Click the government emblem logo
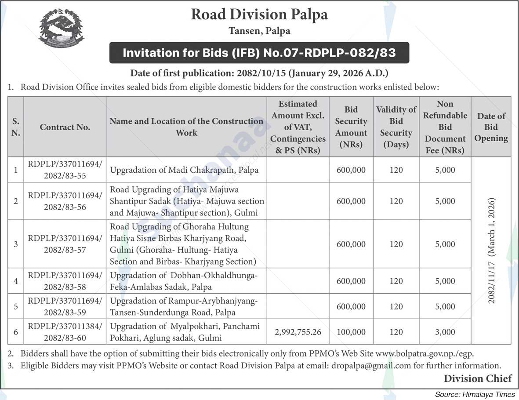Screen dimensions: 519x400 tap(61, 28)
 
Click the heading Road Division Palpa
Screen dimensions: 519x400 tap(259, 15)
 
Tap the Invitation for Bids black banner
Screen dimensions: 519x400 tap(259, 53)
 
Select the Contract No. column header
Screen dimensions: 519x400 tap(65, 127)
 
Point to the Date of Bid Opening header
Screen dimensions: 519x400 tap(491, 127)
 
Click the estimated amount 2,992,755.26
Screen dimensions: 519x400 tap(298, 332)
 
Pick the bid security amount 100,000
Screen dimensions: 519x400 tap(351, 332)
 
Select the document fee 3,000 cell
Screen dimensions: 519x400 tap(445, 332)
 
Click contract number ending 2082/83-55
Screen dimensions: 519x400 tap(65, 170)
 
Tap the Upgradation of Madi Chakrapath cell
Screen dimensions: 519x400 tap(184, 170)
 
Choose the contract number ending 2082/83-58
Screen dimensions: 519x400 tap(65, 281)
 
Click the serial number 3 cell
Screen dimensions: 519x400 tap(16, 244)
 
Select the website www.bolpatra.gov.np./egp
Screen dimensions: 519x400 tap(425, 353)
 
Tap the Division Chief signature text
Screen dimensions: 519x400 tap(478, 378)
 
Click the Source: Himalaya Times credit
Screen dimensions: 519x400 tap(475, 394)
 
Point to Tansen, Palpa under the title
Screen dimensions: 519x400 tap(259, 31)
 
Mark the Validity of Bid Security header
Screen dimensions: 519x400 tap(396, 127)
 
